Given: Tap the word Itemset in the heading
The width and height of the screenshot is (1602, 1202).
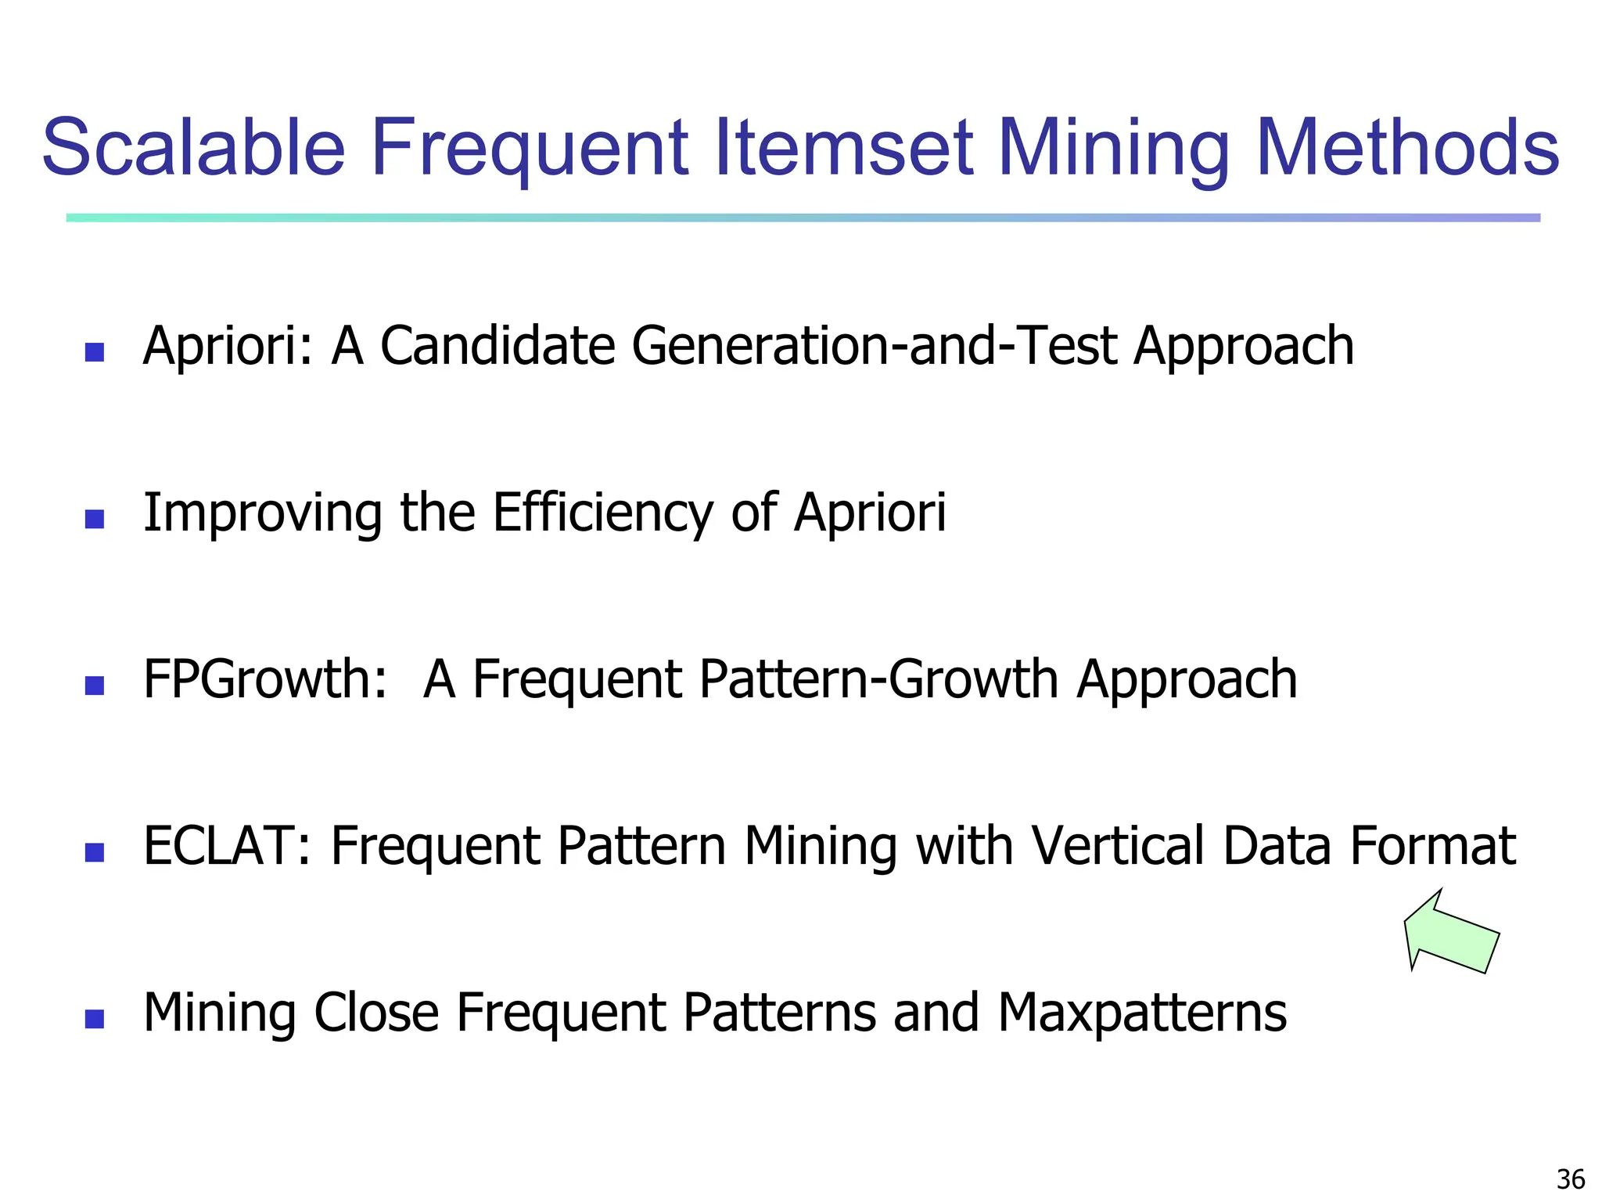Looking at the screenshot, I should coord(845,148).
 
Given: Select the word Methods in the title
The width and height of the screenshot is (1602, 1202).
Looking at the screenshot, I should coord(1407,148).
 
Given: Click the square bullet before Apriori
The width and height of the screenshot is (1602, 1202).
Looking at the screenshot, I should coord(95,352).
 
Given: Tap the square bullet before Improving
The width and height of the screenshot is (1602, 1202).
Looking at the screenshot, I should coord(95,519).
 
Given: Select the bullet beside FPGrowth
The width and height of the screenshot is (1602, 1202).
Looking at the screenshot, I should coord(95,686).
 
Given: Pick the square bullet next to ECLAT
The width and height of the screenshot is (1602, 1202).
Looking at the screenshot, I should coord(95,852).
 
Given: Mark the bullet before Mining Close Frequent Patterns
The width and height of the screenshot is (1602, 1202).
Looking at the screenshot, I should coord(95,1019).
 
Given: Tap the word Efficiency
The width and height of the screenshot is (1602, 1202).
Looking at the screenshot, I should coord(602,513).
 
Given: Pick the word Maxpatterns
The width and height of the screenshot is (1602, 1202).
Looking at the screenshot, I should coord(1142,1013).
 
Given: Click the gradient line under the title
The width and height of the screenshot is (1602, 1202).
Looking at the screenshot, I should coord(803,218).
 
